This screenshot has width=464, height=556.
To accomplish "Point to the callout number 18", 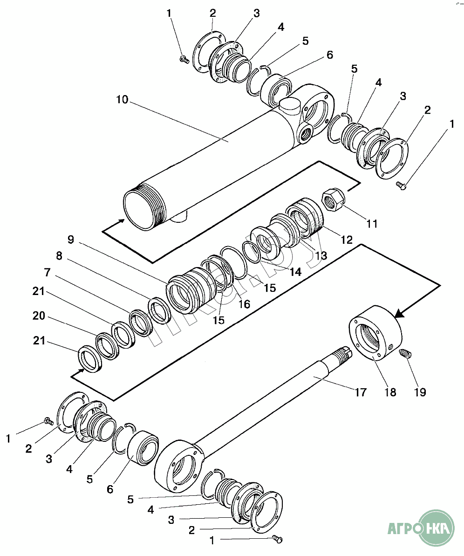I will point(390,392).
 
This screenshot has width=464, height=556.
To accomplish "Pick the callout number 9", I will point(70,240).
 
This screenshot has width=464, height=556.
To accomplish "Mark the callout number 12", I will point(347,240).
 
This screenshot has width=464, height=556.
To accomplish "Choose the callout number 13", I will point(321,255).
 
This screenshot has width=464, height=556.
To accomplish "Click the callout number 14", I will point(295,271).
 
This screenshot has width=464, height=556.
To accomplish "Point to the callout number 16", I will point(244,304).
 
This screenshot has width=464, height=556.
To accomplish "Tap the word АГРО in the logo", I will point(403,529).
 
